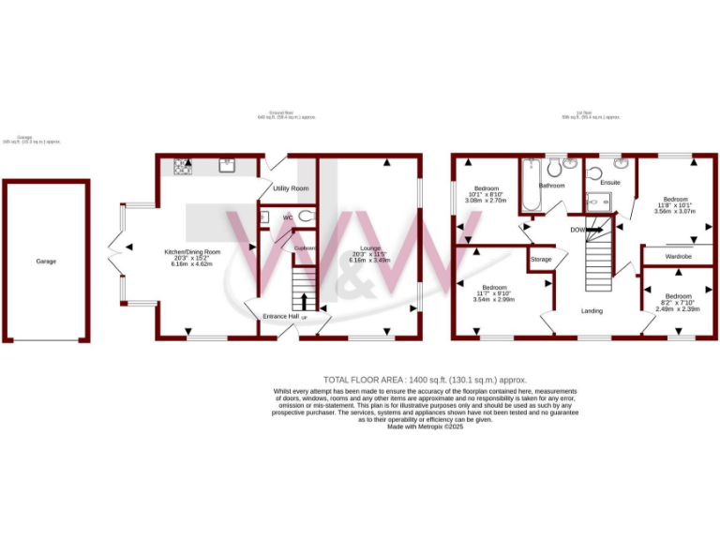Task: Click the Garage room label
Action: (x=46, y=262)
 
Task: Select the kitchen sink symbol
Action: (x=227, y=167)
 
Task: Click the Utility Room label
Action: (x=291, y=188)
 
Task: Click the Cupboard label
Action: (x=306, y=247)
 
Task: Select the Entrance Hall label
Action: (x=281, y=317)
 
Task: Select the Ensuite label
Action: (x=610, y=182)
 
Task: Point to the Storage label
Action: (x=541, y=260)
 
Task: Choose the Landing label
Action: (x=592, y=310)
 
